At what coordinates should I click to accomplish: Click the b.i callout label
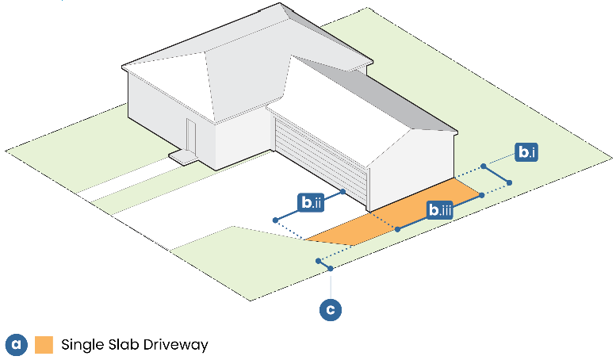pos(525,151)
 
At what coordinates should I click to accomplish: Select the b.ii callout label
pos(310,204)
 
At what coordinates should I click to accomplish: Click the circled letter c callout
pos(331,308)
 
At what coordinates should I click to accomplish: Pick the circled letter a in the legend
pos(17,345)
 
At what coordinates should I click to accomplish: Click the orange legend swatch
pos(44,345)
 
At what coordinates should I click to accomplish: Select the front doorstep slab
pos(185,157)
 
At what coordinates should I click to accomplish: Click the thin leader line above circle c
pos(331,285)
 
